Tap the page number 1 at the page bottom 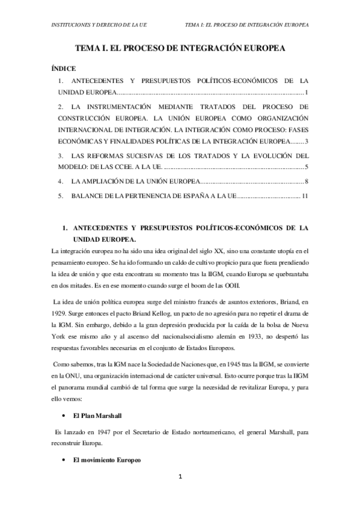180,494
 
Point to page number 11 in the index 305,196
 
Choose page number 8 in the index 306,181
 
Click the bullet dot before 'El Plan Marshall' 64,416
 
